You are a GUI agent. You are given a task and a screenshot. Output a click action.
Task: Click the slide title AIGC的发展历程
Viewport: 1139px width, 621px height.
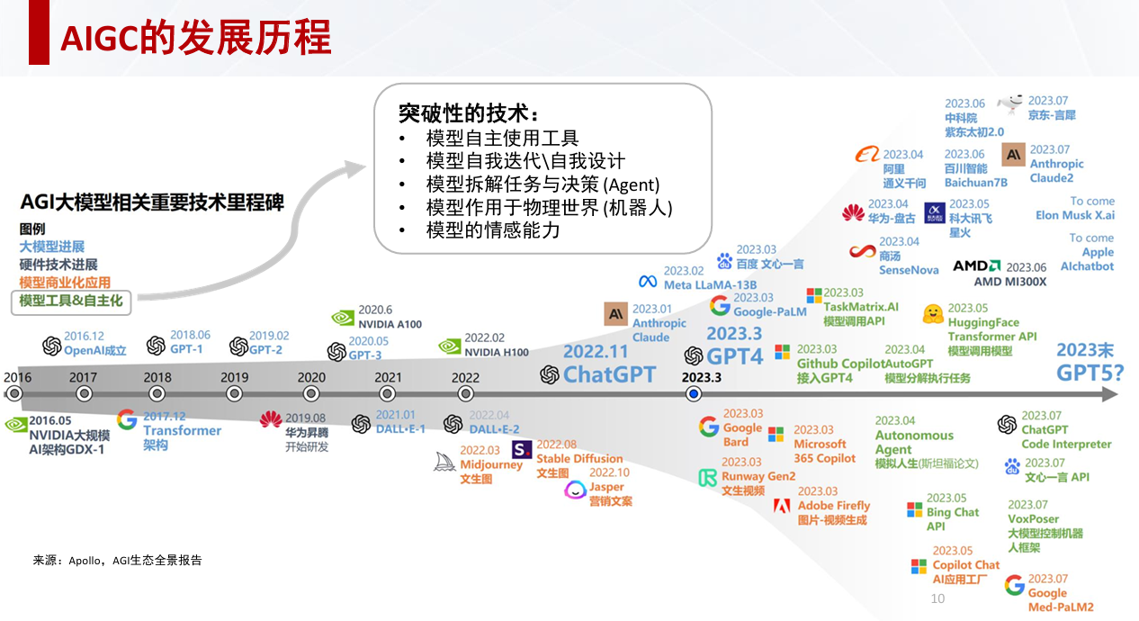click(x=195, y=38)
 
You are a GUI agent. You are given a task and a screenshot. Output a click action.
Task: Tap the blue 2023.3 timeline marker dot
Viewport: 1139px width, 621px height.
click(x=693, y=394)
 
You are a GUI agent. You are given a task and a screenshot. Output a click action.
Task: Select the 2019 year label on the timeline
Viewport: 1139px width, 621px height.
click(x=234, y=378)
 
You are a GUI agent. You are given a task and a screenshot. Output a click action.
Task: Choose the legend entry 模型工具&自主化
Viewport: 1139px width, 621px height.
click(x=71, y=301)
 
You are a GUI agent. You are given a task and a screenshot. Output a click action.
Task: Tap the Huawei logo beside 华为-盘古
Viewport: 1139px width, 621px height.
click(x=853, y=212)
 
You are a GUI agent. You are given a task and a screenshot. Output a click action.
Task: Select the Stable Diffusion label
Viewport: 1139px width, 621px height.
click(x=579, y=459)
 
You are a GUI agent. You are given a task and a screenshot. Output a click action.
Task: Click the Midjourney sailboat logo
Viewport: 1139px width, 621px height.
click(x=446, y=459)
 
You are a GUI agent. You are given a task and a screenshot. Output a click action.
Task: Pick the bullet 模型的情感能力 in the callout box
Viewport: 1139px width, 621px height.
click(x=493, y=230)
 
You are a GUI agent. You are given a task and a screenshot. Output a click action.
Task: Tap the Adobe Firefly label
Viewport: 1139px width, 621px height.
click(x=834, y=506)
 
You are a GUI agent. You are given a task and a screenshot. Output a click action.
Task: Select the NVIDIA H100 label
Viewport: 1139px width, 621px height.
click(x=498, y=352)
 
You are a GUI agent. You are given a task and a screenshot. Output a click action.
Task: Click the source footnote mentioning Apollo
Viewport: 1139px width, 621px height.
click(x=118, y=561)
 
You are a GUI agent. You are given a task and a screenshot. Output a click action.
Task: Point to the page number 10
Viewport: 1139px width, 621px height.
click(x=937, y=598)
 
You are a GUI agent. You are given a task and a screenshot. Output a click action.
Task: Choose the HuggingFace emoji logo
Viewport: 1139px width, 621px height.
click(x=933, y=314)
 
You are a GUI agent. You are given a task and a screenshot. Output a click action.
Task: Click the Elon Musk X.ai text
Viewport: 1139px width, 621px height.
click(x=1074, y=215)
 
